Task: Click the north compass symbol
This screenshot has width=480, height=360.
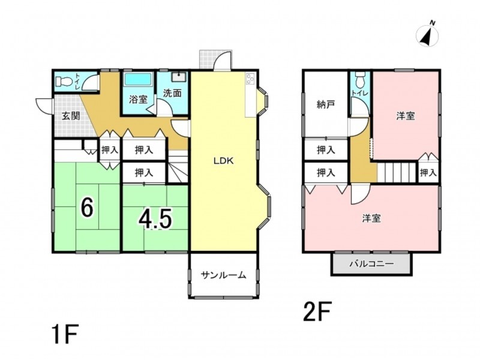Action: [428, 35]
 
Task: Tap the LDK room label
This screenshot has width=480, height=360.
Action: [223, 161]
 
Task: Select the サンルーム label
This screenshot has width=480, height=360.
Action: [223, 275]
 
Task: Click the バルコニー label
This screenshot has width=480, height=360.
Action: [371, 263]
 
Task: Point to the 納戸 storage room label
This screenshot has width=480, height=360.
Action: [325, 105]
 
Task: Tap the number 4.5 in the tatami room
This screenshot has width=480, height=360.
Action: [155, 220]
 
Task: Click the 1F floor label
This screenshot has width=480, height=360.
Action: [65, 335]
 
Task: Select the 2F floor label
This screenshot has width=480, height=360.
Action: [317, 311]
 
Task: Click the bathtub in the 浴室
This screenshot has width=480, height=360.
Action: [138, 79]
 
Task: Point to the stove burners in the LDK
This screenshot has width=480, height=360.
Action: [250, 79]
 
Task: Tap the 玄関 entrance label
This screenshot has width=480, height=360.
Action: [71, 116]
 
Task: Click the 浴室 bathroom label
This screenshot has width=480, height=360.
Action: [138, 100]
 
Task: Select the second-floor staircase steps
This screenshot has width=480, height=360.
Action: [397, 173]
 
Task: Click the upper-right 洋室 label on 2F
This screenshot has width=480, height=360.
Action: [406, 116]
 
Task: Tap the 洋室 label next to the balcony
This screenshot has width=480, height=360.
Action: [371, 218]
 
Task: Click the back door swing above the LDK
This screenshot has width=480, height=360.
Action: [222, 60]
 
